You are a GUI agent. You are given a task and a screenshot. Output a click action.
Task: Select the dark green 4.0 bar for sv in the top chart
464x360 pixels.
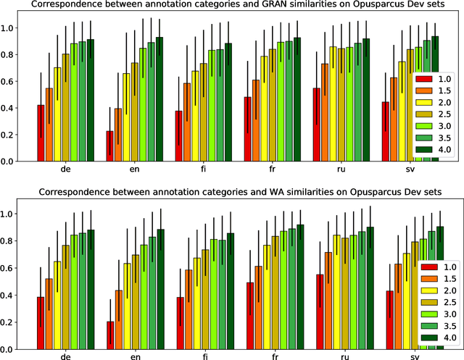click(435, 99)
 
